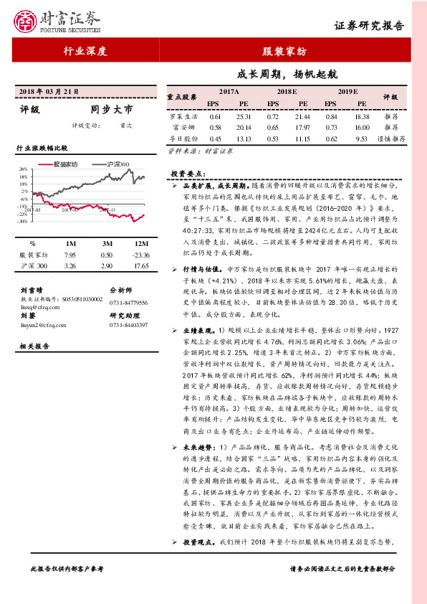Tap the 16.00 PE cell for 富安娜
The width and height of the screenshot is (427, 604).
[x=361, y=126]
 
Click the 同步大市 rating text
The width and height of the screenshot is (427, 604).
[x=112, y=110]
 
